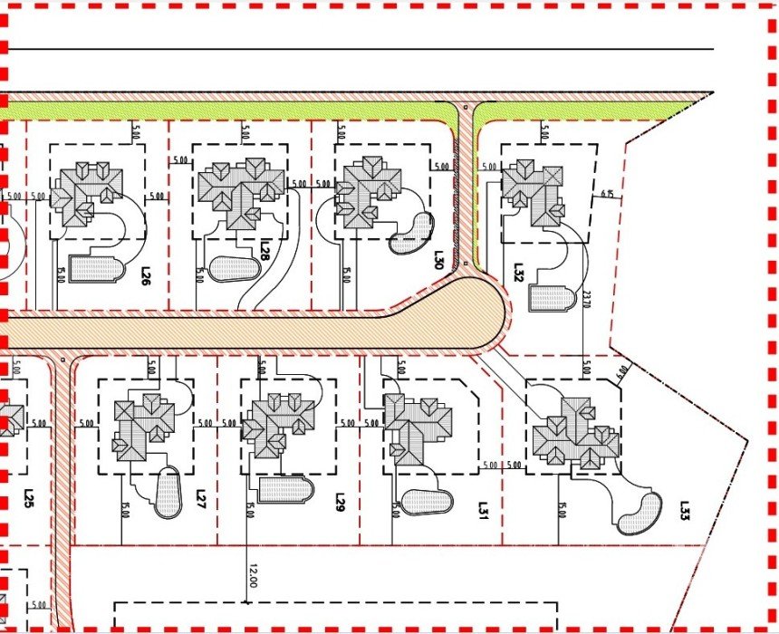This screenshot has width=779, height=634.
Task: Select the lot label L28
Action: tap(264, 249)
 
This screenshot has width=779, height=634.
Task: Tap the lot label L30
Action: tap(438, 261)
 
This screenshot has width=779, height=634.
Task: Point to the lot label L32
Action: tap(518, 273)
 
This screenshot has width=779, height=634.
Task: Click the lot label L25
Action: tap(28, 498)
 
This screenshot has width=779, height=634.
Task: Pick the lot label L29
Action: tap(341, 502)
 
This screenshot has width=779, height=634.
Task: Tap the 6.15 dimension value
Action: tap(607, 193)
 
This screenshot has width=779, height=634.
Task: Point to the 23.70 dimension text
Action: tap(586, 298)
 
